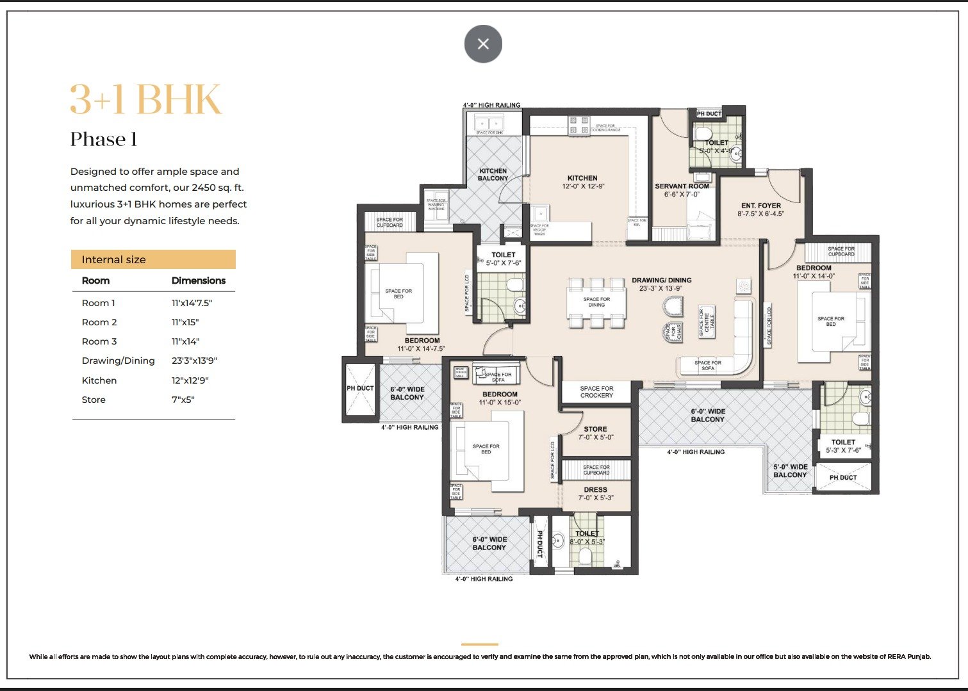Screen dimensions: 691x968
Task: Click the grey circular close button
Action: coord(483,44)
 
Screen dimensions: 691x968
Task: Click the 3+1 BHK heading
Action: coord(145,100)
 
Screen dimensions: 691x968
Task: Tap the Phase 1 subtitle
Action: coord(104,140)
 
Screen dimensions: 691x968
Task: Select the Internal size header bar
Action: coord(153,259)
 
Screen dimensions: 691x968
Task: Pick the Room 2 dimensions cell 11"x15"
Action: coord(185,322)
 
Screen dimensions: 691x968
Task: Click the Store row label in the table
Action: coord(94,400)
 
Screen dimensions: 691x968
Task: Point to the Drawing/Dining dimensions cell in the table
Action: coord(194,361)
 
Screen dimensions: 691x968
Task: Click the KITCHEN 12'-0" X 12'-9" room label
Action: coord(582,183)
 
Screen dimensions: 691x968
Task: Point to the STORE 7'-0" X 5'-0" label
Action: coord(595,433)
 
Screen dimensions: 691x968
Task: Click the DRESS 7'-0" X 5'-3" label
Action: coord(595,493)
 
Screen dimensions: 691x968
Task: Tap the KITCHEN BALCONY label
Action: coord(493,174)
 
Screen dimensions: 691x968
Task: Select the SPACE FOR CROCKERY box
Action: coord(596,392)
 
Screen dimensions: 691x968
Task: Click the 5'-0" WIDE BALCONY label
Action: coord(790,471)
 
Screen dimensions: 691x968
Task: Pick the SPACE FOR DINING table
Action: coord(596,302)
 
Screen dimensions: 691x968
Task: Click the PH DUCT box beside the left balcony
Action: coord(360,389)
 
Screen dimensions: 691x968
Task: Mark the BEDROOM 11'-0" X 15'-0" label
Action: coord(500,398)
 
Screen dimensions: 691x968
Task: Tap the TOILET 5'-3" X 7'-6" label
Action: coord(843,446)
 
